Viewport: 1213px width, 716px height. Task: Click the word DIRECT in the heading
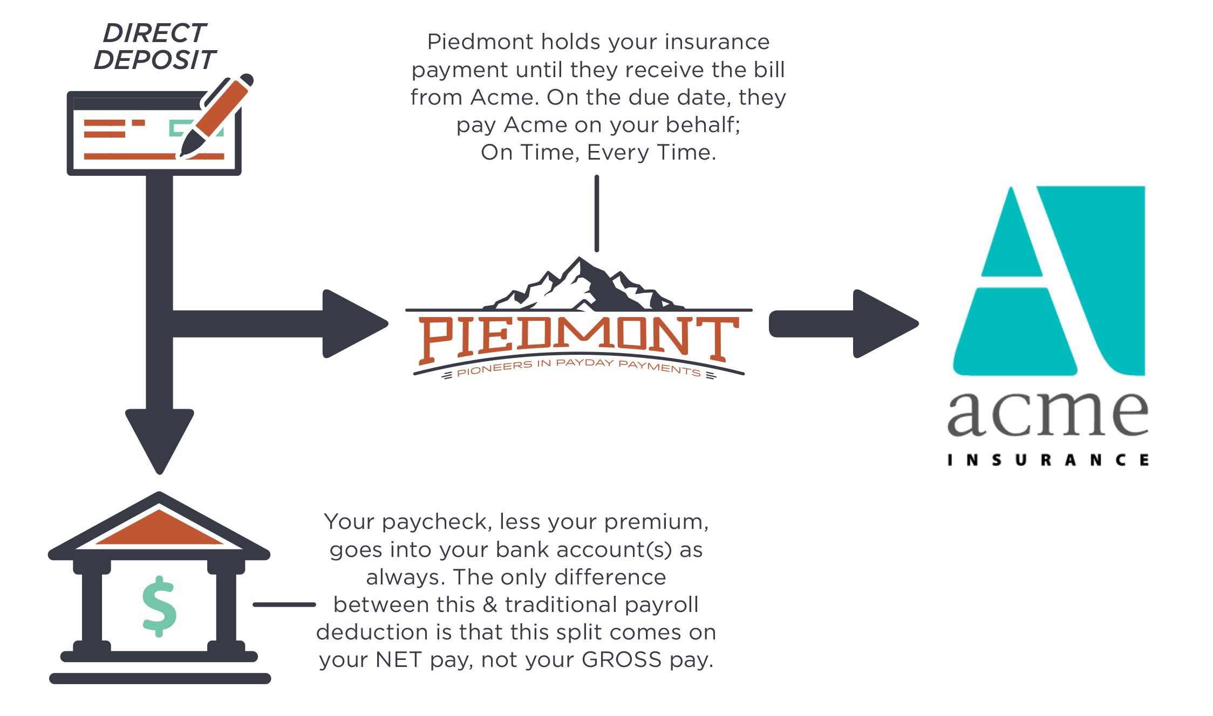pos(155,33)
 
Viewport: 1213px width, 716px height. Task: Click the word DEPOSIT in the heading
pos(155,60)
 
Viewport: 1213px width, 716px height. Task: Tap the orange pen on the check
pos(216,115)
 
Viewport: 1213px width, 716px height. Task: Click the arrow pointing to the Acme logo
pos(843,323)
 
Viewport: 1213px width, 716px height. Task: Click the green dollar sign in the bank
pos(159,607)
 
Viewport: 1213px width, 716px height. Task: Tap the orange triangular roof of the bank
pos(159,528)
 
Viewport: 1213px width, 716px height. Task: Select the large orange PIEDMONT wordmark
pos(579,339)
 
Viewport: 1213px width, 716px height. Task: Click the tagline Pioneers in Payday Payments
pos(579,368)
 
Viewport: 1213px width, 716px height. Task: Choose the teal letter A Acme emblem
pos(1049,280)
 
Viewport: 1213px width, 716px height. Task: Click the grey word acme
pos(1048,414)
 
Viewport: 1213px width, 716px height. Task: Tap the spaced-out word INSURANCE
pos(1048,460)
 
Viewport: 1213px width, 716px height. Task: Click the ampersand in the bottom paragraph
pos(490,604)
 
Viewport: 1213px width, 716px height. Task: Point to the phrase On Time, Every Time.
pos(598,153)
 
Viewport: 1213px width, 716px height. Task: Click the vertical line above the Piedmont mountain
pos(597,214)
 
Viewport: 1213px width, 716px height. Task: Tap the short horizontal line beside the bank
pos(284,605)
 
